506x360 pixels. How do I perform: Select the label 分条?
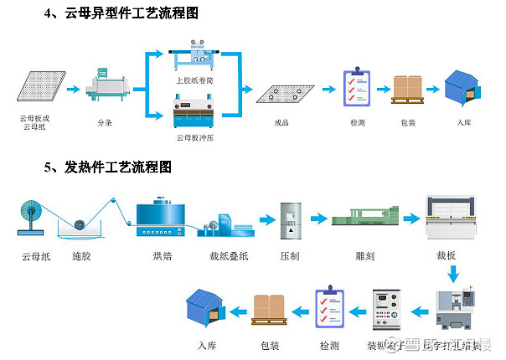tap(105, 122)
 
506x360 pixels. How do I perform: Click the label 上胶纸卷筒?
tap(194, 81)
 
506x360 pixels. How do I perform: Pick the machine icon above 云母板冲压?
tap(194, 114)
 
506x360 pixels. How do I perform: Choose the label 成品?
tap(281, 122)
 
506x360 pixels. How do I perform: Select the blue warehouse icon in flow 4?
tap(463, 89)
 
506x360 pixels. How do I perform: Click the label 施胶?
tap(81, 256)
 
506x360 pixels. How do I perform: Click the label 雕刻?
tap(364, 256)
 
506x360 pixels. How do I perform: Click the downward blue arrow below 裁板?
tap(453, 274)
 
